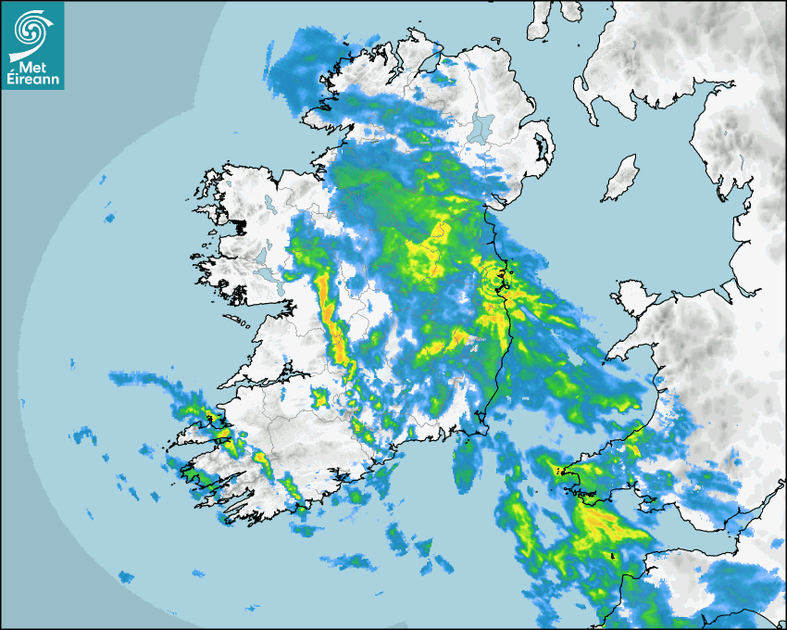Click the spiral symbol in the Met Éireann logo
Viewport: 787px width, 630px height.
tap(31, 27)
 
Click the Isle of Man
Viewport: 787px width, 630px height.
tap(619, 179)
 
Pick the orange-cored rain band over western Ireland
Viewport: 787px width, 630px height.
tap(331, 315)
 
